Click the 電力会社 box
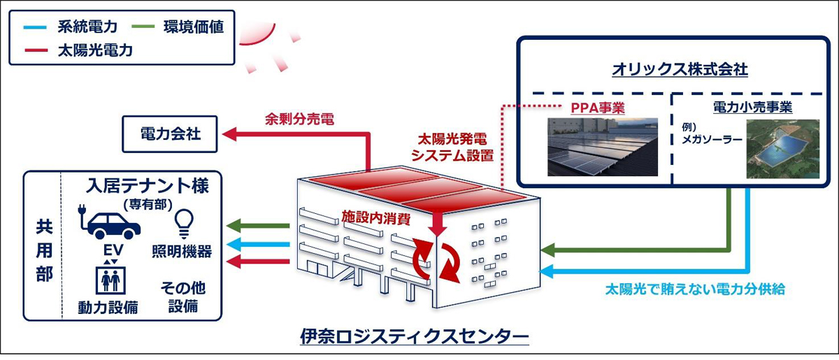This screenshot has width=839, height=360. coord(171,133)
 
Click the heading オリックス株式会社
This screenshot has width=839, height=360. coord(670,69)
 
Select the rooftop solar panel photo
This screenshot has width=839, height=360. coord(602,146)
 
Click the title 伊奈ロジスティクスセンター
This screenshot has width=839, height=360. coord(414,338)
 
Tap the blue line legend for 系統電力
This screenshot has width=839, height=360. coord(33,27)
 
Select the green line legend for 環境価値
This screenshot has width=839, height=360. coord(155,27)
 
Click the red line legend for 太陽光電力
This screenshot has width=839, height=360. coord(33,50)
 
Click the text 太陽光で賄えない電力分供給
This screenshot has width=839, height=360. coord(695,288)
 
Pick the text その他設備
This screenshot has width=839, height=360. coord(182,296)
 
